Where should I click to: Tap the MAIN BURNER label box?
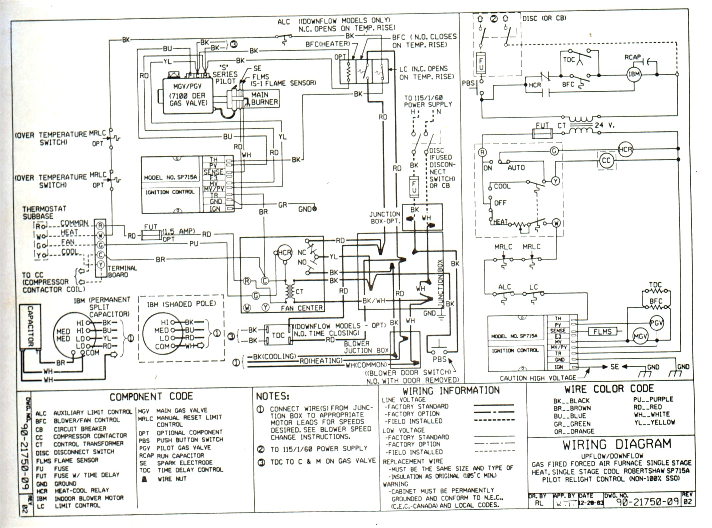[264, 99]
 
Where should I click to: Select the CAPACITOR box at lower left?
[30, 327]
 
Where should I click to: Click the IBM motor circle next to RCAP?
[634, 74]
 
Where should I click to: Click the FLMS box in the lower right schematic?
[602, 332]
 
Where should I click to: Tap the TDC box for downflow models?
[278, 335]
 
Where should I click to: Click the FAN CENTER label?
[301, 308]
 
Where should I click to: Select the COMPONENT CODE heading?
[151, 397]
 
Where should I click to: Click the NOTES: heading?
[272, 396]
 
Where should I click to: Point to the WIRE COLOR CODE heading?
[609, 389]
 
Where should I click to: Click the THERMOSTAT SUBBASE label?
[44, 213]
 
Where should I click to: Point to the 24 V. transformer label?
[604, 125]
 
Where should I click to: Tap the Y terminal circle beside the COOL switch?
[555, 181]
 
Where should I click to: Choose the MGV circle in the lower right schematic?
[640, 337]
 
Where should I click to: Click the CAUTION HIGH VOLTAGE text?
[538, 378]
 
